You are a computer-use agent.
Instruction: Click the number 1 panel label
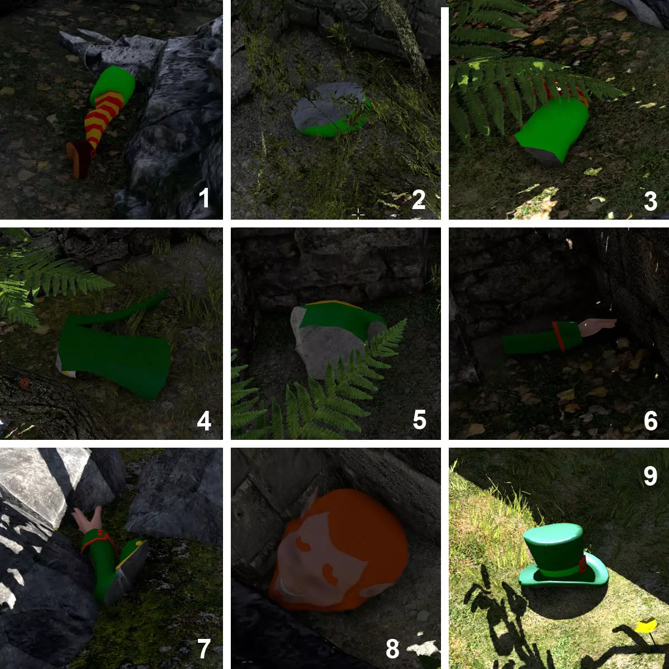point(204,197)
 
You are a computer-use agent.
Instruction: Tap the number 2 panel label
point(418,199)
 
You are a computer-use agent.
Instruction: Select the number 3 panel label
point(650,201)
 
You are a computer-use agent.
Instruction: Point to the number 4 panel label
point(204,421)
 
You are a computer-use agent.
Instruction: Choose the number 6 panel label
point(651,421)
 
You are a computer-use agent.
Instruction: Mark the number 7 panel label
point(204,648)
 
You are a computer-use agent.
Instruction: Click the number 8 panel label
point(392,648)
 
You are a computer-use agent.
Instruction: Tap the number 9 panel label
point(650,476)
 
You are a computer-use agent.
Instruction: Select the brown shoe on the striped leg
point(80,158)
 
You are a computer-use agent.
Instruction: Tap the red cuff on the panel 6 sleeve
point(559,336)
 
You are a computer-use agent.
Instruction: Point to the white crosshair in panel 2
point(358,215)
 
